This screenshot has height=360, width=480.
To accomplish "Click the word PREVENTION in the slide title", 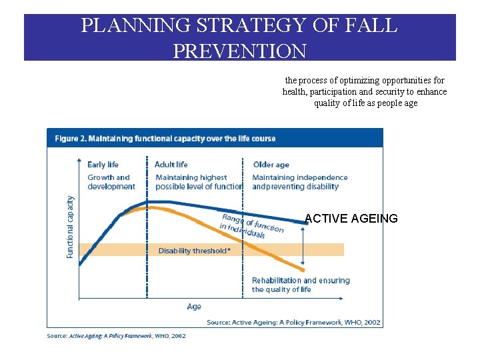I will pos(239,50).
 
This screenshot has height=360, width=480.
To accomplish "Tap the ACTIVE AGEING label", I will pos(351,219).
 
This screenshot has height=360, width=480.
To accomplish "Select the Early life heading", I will pos(103,165).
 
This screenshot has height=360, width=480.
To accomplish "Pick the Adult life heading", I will pos(171,165).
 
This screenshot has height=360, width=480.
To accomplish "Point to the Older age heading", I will pos(271,165).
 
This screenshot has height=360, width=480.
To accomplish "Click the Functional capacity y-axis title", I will pos(71,227).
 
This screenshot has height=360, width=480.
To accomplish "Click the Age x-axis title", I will pos(194,307).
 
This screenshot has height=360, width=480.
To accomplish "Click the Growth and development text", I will pos(111,182).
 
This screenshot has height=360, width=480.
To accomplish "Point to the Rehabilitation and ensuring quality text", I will pos(300,285).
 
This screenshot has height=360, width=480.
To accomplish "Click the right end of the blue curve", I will pos(305,224).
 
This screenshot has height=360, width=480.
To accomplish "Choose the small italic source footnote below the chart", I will pos(116,336).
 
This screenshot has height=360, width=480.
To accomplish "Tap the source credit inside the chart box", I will pos(293,322).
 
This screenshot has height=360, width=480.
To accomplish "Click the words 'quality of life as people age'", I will pos(365,103).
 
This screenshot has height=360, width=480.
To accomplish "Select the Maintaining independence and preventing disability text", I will pos(299,182).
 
